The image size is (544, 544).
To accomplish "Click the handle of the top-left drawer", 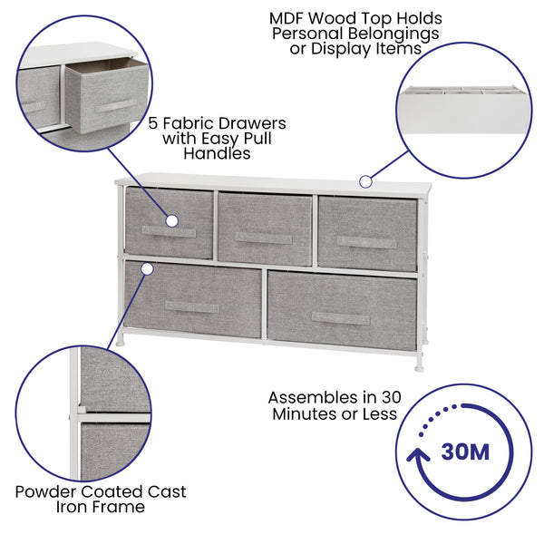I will [169, 232].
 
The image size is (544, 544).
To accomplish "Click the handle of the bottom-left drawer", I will [191, 307].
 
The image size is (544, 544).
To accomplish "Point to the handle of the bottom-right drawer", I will [340, 317].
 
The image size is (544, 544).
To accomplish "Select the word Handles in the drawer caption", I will [217, 154].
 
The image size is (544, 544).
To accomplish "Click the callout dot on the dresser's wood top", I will [365, 181].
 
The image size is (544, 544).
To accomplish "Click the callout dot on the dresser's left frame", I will [144, 268].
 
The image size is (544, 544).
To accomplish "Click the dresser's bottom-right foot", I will [417, 367].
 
